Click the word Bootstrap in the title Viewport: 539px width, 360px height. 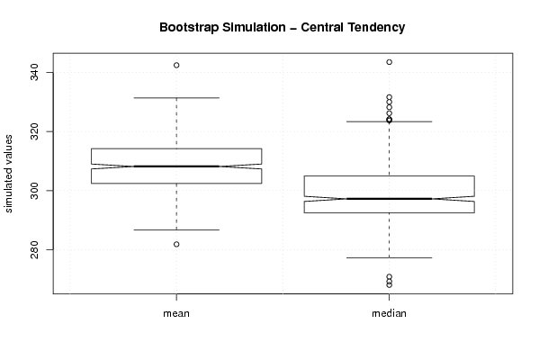pos(188,28)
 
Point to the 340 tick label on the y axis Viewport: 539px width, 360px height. pos(34,73)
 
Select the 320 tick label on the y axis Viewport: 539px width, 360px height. pos(34,131)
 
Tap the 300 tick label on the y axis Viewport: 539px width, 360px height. pos(34,191)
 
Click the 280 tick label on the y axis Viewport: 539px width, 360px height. pos(34,249)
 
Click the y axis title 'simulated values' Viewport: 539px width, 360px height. pos(8,174)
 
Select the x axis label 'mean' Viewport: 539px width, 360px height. pos(176,313)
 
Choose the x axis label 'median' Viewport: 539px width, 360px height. pos(389,313)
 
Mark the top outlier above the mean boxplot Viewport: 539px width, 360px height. pos(176,66)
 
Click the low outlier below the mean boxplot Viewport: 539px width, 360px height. pos(176,245)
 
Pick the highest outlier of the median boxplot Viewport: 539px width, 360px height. pos(389,62)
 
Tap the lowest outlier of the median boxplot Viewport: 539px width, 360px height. pos(389,285)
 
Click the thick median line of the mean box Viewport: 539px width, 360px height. pos(176,166)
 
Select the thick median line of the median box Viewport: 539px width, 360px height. pos(389,199)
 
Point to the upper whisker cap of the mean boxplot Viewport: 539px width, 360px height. pos(176,98)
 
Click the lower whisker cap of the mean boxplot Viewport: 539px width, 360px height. pos(176,229)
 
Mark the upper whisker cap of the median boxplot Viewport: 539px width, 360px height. pos(389,121)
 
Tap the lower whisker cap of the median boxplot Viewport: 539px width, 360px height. pos(389,258)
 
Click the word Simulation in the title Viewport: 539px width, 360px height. pos(254,28)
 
